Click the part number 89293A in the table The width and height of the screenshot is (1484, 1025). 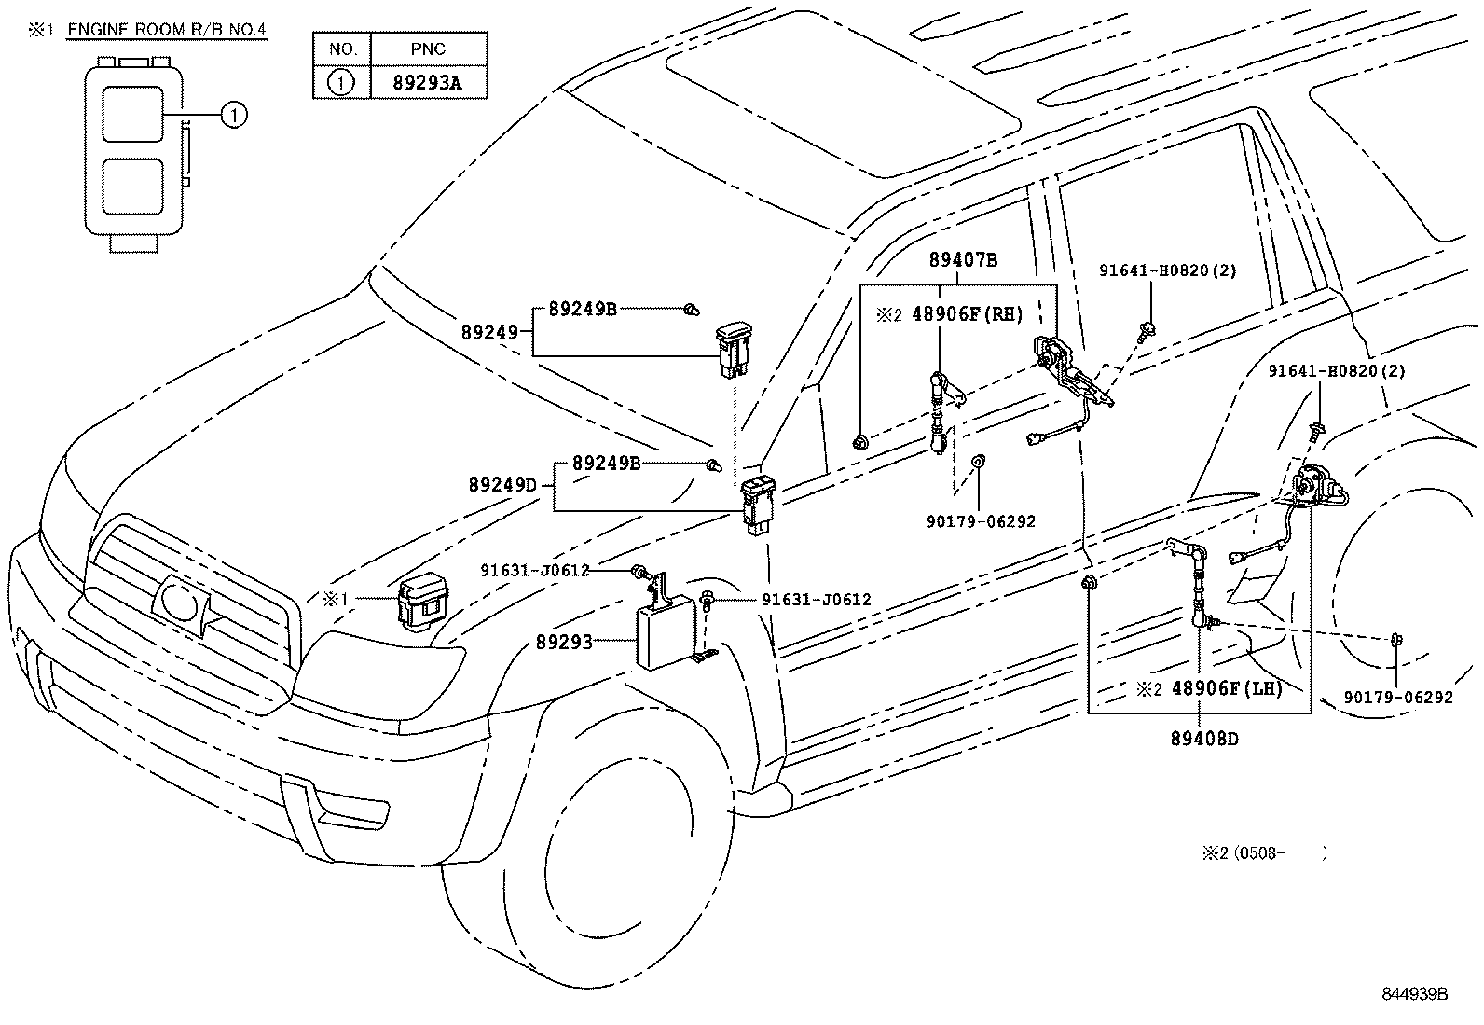click(x=428, y=82)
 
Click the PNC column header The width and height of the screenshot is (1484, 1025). click(x=428, y=48)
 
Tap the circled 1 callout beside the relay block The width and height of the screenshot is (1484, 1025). click(x=234, y=115)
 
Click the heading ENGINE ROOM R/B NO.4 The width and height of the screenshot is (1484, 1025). click(x=167, y=30)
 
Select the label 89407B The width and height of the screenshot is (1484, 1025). click(x=962, y=260)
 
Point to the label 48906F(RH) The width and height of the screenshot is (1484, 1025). click(x=967, y=315)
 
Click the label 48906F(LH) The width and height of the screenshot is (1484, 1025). click(x=1227, y=689)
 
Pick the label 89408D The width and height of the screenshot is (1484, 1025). click(x=1204, y=739)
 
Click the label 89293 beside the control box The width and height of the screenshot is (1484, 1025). click(x=564, y=642)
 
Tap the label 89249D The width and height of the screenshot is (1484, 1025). click(x=502, y=485)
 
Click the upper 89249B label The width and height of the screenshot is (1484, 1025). click(x=583, y=309)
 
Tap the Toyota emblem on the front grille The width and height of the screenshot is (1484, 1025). click(x=183, y=604)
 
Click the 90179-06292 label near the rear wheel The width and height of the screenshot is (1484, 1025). click(x=1397, y=697)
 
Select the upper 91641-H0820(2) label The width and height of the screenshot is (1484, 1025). click(x=1167, y=270)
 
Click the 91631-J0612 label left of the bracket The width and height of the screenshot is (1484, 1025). click(x=535, y=570)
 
